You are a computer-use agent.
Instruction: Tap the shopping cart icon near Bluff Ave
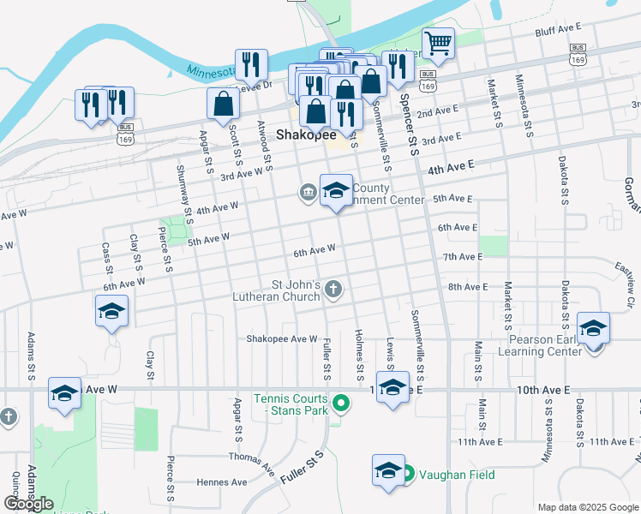(438, 43)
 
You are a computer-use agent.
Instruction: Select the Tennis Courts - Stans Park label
(290, 404)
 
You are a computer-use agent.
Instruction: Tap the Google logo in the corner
(27, 504)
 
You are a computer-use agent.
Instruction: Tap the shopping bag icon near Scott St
(223, 104)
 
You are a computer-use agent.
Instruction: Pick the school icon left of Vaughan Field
(388, 470)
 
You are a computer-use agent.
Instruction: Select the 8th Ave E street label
(467, 287)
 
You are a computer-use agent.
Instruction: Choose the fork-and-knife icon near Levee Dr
(251, 64)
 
